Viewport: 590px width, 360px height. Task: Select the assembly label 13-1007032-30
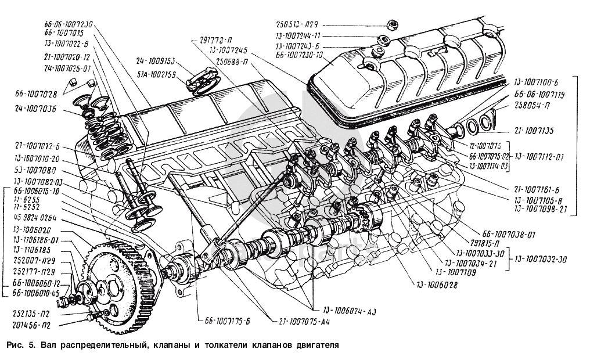click(542, 260)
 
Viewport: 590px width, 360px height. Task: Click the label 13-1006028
click(437, 285)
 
